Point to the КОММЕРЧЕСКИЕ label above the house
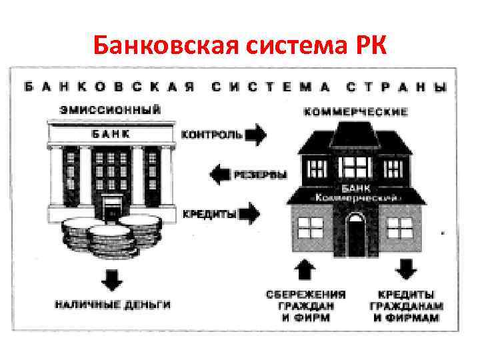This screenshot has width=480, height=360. point(355,112)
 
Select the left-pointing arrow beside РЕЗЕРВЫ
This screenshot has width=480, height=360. point(219,175)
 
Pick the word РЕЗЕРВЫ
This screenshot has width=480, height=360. point(261,175)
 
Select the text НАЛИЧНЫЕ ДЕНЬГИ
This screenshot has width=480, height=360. point(113,305)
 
